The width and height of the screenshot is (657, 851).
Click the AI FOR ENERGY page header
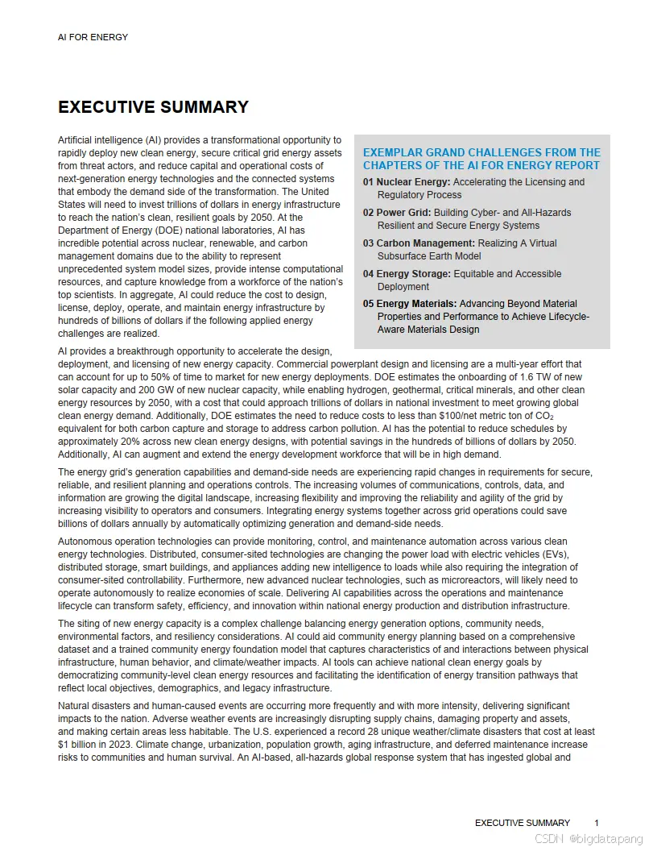coord(93,37)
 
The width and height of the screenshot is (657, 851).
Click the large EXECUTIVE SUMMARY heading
coord(153,107)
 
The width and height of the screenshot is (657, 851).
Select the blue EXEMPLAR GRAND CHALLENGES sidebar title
coord(481,159)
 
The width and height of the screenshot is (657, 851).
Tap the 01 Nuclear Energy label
coord(407,182)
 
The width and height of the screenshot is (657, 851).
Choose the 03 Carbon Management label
coord(419,243)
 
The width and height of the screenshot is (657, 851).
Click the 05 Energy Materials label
coord(410,304)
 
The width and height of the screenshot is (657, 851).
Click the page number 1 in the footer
coord(597,823)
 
